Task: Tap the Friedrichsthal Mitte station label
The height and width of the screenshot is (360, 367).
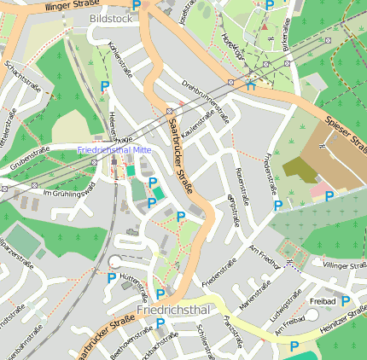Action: click(x=114, y=150)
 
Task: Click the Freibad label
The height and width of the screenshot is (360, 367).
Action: click(x=322, y=301)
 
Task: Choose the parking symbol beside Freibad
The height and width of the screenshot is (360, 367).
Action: click(x=345, y=300)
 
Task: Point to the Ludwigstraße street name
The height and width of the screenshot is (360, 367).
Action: click(x=287, y=310)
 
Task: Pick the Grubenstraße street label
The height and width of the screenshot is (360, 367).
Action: click(x=31, y=158)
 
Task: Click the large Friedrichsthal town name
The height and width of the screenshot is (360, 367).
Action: click(x=172, y=311)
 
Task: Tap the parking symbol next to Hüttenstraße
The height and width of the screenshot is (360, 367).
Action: click(x=111, y=276)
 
